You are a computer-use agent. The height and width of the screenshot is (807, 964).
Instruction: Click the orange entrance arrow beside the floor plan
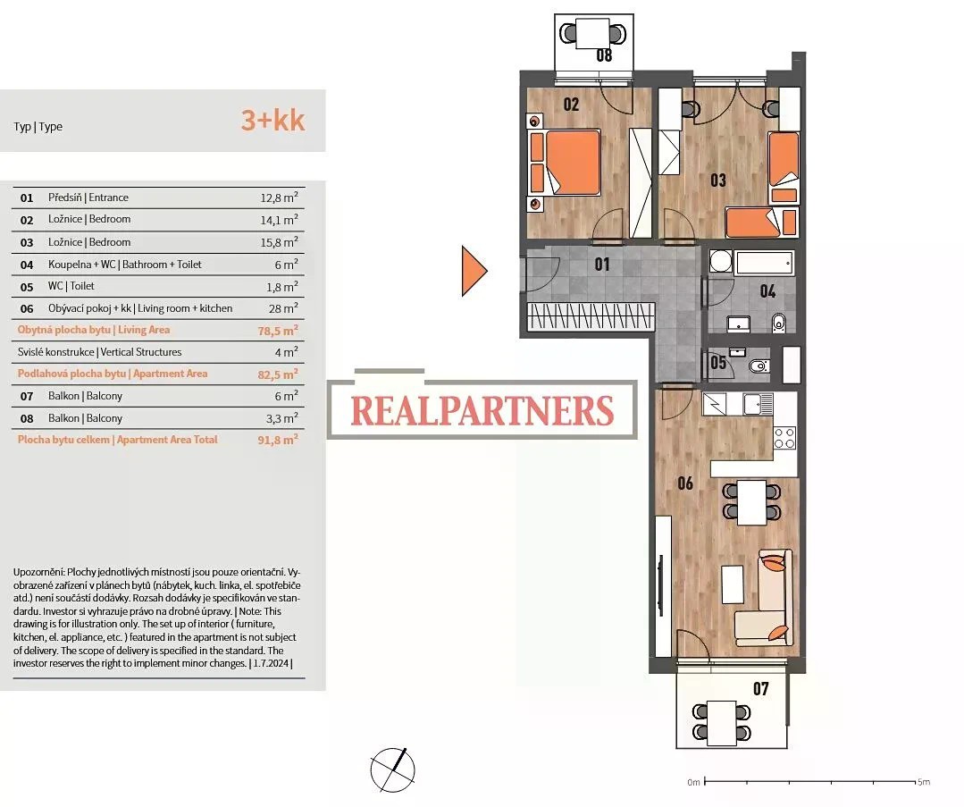[474, 271]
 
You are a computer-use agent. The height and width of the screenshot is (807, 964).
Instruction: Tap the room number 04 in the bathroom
[767, 291]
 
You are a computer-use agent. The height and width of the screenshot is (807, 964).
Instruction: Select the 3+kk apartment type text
[273, 121]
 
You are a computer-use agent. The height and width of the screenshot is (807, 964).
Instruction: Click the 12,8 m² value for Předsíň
[279, 198]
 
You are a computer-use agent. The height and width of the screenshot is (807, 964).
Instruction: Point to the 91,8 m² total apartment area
[278, 440]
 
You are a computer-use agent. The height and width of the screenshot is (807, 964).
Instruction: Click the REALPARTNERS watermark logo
[482, 410]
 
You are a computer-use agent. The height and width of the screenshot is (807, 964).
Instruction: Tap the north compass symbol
[392, 769]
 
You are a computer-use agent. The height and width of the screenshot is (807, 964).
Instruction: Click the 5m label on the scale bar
[924, 782]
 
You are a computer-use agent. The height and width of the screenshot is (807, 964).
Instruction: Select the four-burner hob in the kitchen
[784, 438]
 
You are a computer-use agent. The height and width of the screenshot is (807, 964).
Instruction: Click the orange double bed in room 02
[565, 163]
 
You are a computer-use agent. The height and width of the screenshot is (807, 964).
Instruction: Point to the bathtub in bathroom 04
[765, 263]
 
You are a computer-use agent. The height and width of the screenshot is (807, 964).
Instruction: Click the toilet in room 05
[759, 366]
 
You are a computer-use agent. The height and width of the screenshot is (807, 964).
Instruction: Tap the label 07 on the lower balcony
[760, 689]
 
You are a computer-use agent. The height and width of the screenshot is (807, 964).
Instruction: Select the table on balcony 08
[592, 33]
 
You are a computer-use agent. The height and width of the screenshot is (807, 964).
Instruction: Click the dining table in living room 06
[751, 502]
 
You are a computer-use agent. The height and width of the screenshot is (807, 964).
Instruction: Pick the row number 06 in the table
[27, 309]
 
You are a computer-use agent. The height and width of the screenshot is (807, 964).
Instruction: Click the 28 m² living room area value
[283, 308]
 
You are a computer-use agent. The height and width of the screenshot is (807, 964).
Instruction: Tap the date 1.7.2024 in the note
[271, 664]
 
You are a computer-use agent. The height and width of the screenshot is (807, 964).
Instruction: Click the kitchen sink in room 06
[758, 405]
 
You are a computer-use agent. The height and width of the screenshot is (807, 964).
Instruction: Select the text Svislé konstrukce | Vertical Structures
[99, 352]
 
